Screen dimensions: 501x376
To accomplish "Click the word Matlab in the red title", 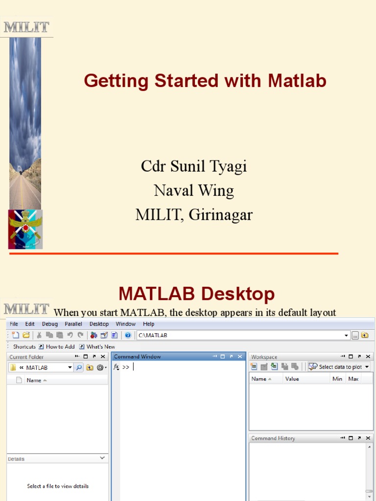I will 297,81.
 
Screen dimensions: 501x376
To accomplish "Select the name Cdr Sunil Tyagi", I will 194,166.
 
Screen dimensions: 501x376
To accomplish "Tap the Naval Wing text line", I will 194,190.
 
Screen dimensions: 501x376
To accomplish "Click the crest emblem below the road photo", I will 25,229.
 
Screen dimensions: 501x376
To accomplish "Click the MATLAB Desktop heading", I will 196,294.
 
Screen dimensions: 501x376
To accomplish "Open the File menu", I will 14,324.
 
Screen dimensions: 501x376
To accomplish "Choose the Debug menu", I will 49,324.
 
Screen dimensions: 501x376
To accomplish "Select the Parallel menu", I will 73,324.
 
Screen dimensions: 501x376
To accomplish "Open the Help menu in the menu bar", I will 148,324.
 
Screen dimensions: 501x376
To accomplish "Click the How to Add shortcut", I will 60,346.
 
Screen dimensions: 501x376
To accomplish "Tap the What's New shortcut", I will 101,346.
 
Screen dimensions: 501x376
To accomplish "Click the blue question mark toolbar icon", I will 128,335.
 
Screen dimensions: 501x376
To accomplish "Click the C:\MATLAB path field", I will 240,335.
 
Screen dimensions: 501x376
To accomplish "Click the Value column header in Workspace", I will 292,379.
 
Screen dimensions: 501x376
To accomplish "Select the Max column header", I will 353,379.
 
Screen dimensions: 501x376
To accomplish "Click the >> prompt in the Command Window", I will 126,367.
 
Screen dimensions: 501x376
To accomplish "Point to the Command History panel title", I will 273,438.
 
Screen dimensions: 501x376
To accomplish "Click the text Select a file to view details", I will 58,486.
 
